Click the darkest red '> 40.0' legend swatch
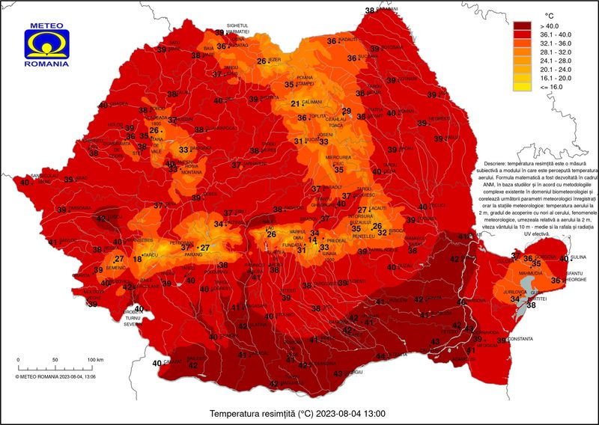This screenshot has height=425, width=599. (x=521, y=25)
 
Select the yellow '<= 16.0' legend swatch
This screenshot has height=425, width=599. (x=521, y=87)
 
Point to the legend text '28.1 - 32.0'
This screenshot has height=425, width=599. (x=555, y=52)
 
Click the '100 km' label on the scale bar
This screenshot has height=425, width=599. (x=94, y=360)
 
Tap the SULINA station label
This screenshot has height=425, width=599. (x=580, y=257)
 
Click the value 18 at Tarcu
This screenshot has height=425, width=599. (x=136, y=259)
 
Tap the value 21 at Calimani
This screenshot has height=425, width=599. (x=295, y=104)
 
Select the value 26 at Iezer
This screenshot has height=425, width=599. (x=262, y=61)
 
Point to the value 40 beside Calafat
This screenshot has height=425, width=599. (x=157, y=363)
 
